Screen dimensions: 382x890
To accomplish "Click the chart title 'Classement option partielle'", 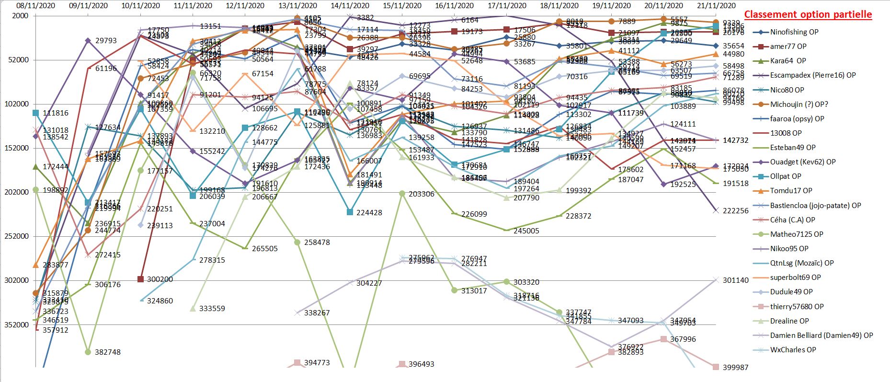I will [808, 15].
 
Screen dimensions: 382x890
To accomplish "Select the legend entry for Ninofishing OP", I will [794, 32].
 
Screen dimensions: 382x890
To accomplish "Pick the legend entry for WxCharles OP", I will [793, 350].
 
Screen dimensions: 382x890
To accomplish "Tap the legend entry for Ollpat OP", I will [786, 176].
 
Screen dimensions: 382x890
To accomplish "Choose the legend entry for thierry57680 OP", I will [797, 307].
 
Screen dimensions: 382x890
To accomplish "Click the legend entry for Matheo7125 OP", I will [796, 234].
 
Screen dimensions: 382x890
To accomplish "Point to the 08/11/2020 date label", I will [36, 6].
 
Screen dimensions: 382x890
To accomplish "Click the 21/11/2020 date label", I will [716, 6].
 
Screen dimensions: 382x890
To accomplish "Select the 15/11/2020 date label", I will [402, 6].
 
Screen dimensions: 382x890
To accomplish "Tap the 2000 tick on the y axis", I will [20, 16].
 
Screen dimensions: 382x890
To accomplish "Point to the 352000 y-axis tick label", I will [17, 324].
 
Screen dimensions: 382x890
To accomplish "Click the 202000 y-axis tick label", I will [17, 192].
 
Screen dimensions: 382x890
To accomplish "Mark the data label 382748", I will [108, 352].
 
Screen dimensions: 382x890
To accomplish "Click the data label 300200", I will [160, 279].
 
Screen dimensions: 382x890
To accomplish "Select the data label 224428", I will [369, 213].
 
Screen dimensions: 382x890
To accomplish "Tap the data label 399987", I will [735, 368].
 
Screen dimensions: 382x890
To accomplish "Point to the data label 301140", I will [735, 280].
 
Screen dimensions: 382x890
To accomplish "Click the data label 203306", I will [422, 194].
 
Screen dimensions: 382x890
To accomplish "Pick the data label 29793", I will [106, 41].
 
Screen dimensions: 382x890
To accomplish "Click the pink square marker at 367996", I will [663, 339].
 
